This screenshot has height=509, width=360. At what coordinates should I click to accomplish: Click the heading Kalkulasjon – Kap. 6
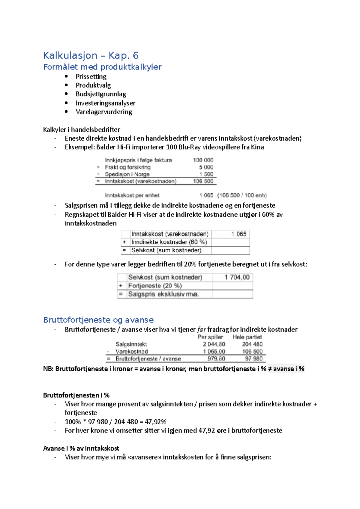pos(91,55)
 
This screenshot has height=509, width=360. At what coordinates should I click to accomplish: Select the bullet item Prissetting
pos(91,76)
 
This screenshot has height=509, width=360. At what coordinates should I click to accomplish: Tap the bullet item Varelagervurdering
pos(104,112)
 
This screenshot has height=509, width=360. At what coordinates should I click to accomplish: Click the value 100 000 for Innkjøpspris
pos(203,160)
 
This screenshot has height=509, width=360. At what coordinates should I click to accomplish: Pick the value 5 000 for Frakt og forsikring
pos(206,167)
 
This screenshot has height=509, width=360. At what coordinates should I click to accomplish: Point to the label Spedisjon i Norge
pos(127,174)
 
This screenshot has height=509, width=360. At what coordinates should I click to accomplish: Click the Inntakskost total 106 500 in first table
pos(203,181)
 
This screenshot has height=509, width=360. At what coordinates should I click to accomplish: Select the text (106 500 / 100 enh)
pos(242,195)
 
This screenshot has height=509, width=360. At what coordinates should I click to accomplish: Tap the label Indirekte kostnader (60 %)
pos(169,242)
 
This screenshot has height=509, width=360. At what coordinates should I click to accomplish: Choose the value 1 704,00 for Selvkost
pos(237,277)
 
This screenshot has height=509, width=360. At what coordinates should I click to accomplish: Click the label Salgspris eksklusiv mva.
pos(163,294)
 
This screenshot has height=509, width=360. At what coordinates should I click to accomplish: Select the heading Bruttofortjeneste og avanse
pos(98,320)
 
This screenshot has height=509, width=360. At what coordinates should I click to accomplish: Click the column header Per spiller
pos(210,337)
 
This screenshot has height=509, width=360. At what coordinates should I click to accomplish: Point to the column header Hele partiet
pos(247,337)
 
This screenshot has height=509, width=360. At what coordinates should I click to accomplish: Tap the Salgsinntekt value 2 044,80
pos(214,344)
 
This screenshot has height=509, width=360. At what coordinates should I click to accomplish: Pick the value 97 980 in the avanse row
pos(254,359)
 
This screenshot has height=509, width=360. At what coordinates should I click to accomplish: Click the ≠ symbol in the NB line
pos(270,369)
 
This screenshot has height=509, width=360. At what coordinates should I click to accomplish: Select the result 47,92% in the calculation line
pos(155,422)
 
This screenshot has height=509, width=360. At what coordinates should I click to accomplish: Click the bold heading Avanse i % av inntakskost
pos(81,448)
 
